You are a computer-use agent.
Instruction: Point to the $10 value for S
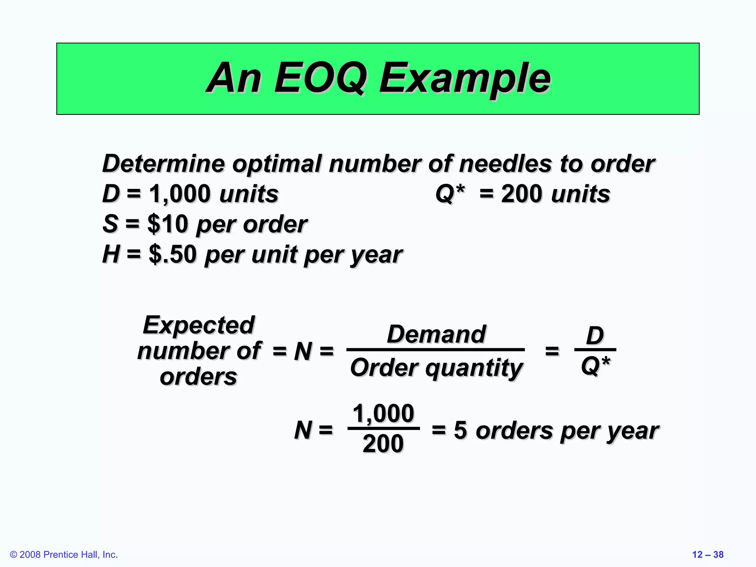click(168, 224)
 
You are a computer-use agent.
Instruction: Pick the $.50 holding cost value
click(173, 254)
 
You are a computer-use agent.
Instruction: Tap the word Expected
click(199, 325)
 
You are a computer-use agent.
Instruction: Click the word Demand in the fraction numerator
click(436, 334)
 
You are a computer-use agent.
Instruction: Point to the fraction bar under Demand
click(436, 349)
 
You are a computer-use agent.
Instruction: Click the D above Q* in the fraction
click(595, 336)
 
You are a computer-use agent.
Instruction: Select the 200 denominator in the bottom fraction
click(383, 444)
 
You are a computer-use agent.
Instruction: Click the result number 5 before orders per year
click(460, 430)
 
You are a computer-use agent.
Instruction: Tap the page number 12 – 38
click(708, 554)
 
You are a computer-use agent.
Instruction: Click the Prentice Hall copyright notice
click(64, 554)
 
